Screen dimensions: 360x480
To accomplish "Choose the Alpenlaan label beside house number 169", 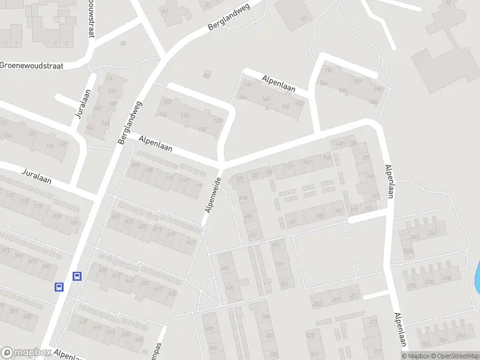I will [x=391, y=182].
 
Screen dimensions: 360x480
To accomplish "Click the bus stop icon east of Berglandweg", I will [x=77, y=277].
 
